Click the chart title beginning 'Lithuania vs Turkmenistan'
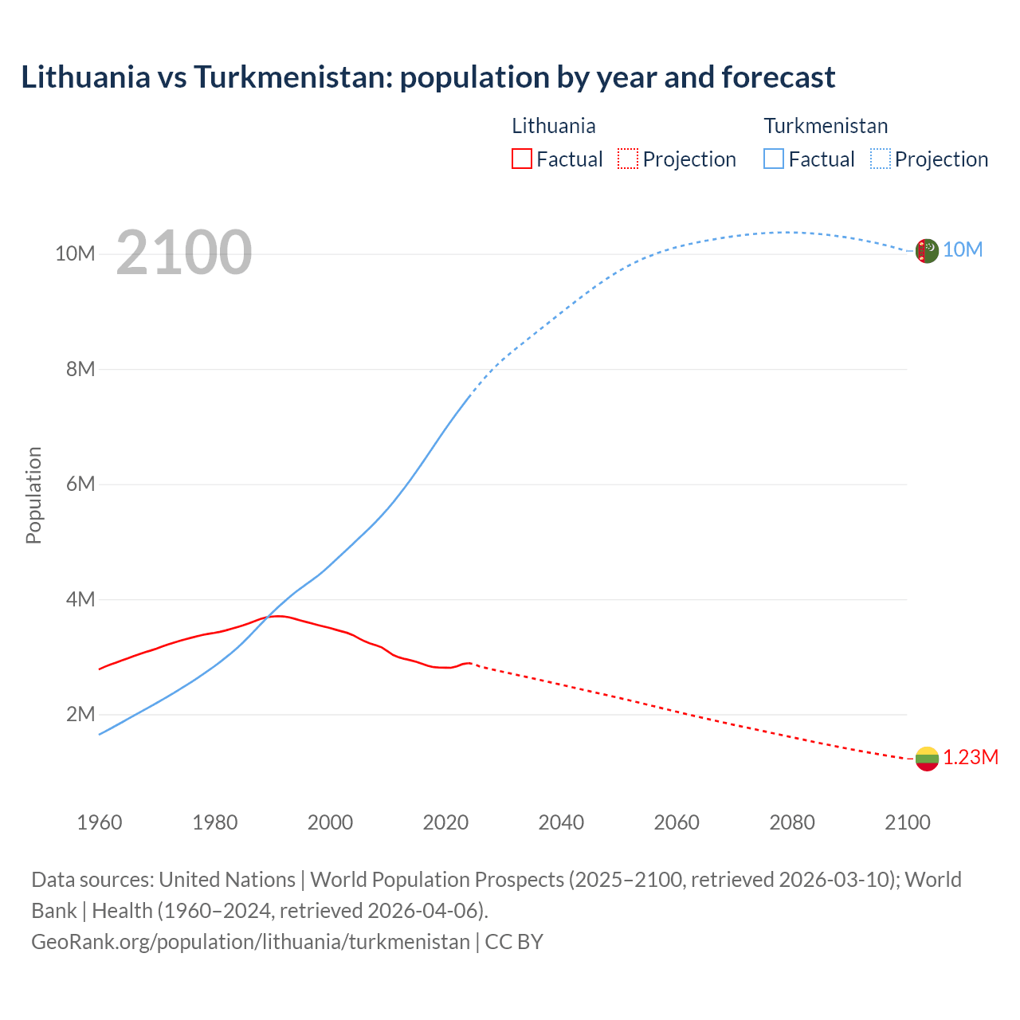tap(428, 77)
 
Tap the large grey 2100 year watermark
tap(184, 253)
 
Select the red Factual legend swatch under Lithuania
tap(521, 159)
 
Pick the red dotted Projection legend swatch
tap(628, 159)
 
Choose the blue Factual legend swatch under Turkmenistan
tap(773, 159)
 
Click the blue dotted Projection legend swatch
tap(880, 159)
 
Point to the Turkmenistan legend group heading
tap(826, 126)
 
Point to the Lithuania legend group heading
tap(553, 126)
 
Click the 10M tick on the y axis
tap(75, 253)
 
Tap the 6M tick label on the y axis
tap(80, 484)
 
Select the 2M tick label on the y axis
tap(80, 714)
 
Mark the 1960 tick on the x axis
tap(100, 822)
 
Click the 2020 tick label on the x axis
tap(445, 822)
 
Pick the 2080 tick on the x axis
tap(791, 822)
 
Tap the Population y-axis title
tap(33, 495)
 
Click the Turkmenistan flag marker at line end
tap(926, 250)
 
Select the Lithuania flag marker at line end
tap(926, 759)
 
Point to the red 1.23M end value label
tap(971, 757)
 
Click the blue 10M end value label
tap(963, 250)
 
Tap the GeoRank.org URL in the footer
tap(250, 941)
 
